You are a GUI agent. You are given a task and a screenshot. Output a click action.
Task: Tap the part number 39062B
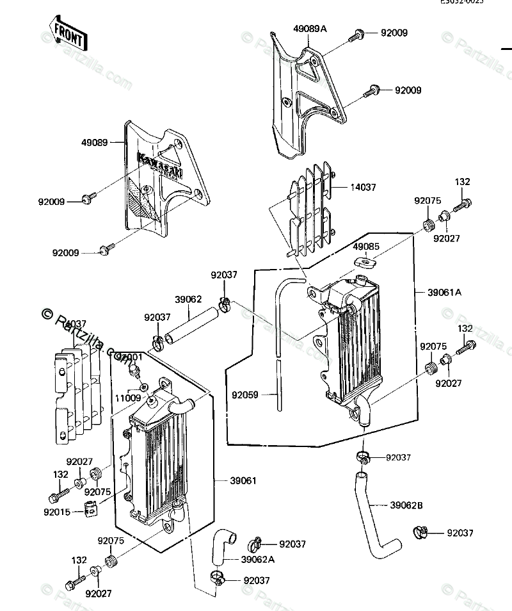click(406, 505)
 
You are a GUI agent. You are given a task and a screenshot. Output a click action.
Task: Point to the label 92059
click(245, 395)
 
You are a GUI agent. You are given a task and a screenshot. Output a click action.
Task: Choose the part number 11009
click(127, 397)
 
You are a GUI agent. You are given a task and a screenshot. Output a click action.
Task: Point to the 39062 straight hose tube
click(188, 327)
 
